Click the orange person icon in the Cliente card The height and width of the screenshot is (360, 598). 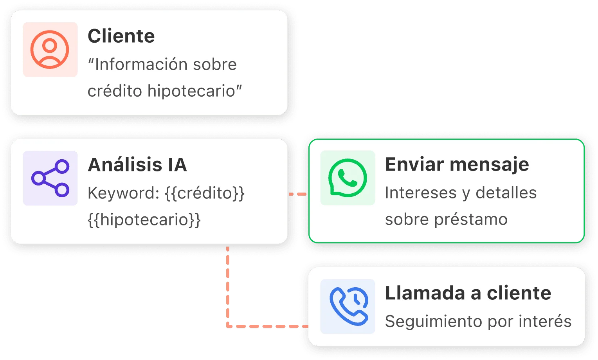pos(50,50)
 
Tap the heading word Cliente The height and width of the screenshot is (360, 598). pos(121,36)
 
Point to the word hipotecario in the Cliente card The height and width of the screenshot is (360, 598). pos(191,91)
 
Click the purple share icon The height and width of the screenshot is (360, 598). pos(50,178)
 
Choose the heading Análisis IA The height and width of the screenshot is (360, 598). pos(137,164)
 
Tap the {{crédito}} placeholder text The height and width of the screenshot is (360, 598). pos(205,193)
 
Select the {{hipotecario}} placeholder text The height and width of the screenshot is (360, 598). pos(144,220)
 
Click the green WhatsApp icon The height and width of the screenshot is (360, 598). pos(348,178)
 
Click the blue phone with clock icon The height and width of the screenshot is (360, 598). pos(348,306)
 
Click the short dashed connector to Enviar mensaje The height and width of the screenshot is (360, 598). pos(298,194)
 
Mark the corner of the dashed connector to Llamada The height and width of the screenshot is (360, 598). pos(228,326)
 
